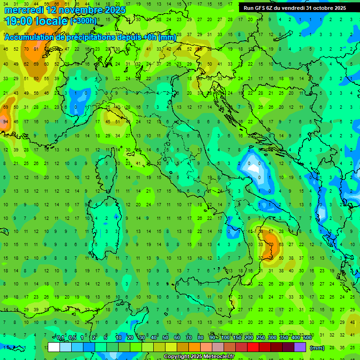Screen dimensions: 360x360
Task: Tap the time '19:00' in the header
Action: tap(20, 21)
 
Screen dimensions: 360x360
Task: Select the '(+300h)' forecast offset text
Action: tap(83, 21)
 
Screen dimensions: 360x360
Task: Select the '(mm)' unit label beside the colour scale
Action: tap(317, 348)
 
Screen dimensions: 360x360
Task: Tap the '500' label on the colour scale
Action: tap(307, 337)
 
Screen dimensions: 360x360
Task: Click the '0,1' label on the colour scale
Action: tap(60, 337)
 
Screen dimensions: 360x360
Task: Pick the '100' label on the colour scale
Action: tap(225, 337)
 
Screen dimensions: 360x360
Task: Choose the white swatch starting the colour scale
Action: tap(54, 347)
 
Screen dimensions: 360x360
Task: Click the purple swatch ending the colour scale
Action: tap(300, 347)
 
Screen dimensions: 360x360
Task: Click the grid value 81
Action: tap(36, 49)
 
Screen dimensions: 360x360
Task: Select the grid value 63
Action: tap(281, 244)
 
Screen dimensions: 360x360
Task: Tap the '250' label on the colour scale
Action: tap(261, 337)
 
